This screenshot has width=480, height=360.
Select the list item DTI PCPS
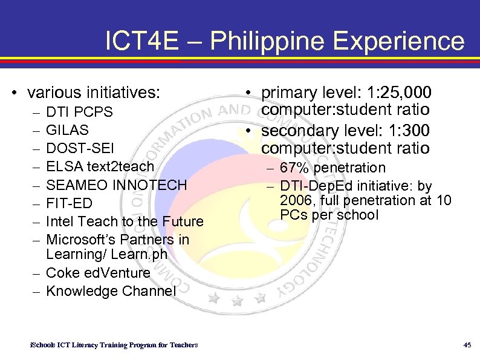click(x=79, y=112)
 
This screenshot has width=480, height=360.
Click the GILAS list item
click(x=68, y=130)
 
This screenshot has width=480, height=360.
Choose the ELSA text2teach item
click(x=100, y=166)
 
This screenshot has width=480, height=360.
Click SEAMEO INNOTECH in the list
click(x=117, y=185)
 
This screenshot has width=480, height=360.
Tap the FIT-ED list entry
click(x=68, y=203)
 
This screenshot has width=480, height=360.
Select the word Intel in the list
click(x=60, y=221)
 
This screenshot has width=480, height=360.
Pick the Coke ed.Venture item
click(x=98, y=273)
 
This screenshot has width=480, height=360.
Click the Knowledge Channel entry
click(x=111, y=291)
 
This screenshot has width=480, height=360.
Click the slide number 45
click(x=467, y=345)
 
